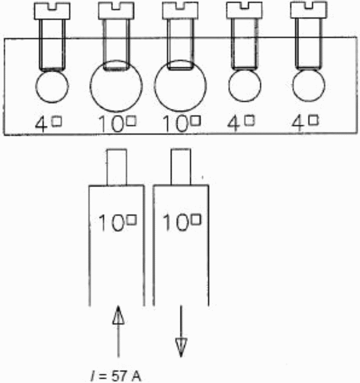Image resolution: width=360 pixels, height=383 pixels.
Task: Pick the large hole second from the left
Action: (116, 87)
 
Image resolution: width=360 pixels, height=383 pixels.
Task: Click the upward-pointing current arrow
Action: (118, 334)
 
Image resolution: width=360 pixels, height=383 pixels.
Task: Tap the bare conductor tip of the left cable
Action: (116, 167)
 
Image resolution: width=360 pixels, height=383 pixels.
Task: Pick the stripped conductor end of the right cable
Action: (180, 167)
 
